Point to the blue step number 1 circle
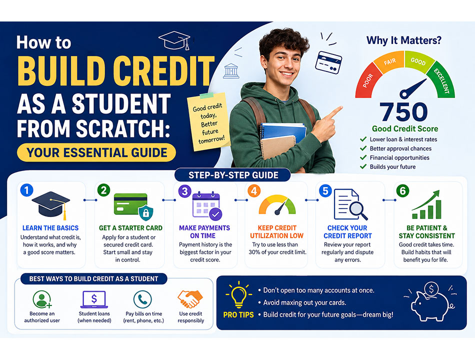[26, 190]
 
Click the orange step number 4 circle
[254, 191]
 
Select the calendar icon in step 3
[207, 205]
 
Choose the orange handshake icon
[190, 299]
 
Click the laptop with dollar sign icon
[94, 299]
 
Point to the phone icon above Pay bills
[142, 299]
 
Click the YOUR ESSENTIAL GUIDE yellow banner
[96, 152]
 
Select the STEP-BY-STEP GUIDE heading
[233, 175]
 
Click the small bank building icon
[231, 71]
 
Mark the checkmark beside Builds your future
[363, 166]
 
